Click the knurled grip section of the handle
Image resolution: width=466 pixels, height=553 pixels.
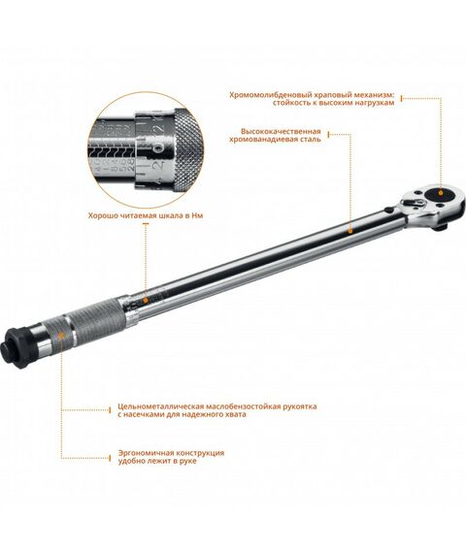pyautogui.click(x=92, y=319)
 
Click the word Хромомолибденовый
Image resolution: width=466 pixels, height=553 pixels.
pyautogui.click(x=267, y=94)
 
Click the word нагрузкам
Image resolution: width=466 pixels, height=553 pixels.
pyautogui.click(x=372, y=103)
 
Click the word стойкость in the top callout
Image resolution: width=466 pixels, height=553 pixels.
pyautogui.click(x=255, y=103)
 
